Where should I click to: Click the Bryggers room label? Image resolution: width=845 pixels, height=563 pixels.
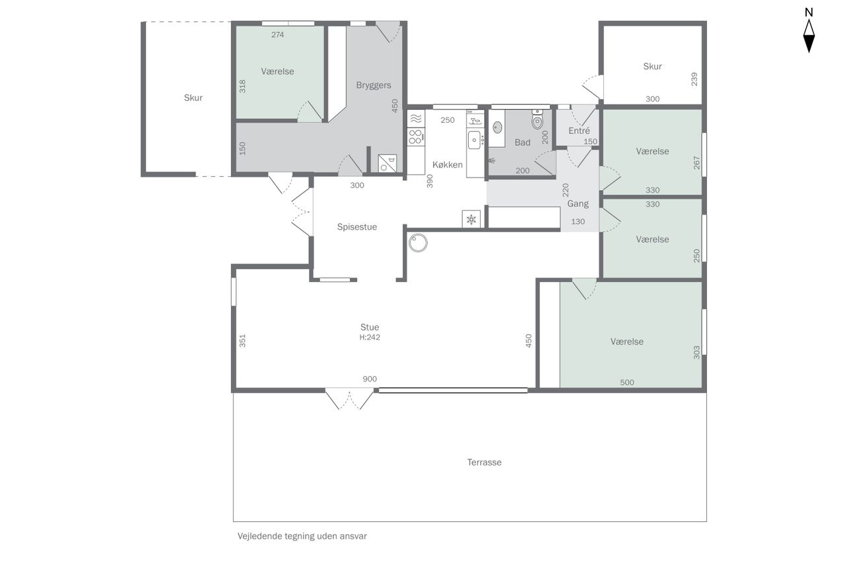click(374, 86)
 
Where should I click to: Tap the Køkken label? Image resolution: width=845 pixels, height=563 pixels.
click(448, 165)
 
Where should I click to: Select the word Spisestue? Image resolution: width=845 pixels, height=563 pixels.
click(357, 227)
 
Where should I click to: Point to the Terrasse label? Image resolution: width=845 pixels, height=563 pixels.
click(485, 462)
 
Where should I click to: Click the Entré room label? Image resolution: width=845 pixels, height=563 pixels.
click(579, 131)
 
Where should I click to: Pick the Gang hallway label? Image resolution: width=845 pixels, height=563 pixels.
click(578, 204)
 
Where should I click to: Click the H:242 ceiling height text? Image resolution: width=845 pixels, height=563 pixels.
click(370, 337)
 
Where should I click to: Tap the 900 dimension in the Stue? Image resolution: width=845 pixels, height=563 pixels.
click(370, 379)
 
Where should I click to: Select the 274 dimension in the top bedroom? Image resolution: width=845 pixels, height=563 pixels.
click(278, 35)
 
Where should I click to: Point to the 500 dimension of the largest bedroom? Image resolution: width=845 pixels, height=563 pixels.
click(627, 382)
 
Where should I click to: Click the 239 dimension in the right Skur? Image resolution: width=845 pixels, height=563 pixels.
click(694, 79)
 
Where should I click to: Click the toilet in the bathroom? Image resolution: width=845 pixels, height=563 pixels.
click(537, 119)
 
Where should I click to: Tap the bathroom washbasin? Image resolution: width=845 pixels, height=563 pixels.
click(498, 127)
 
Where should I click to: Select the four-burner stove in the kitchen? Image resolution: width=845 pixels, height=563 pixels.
click(416, 137)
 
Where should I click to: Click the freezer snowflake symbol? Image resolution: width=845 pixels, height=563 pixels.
click(471, 219)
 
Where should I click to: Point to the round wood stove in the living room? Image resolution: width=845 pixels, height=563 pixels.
click(418, 243)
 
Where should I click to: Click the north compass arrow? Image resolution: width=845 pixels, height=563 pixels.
click(809, 36)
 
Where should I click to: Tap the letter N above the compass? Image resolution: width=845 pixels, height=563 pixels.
click(809, 13)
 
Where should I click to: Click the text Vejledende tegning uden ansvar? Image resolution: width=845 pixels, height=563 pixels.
click(302, 536)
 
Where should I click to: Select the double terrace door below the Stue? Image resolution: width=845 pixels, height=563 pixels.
click(349, 401)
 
